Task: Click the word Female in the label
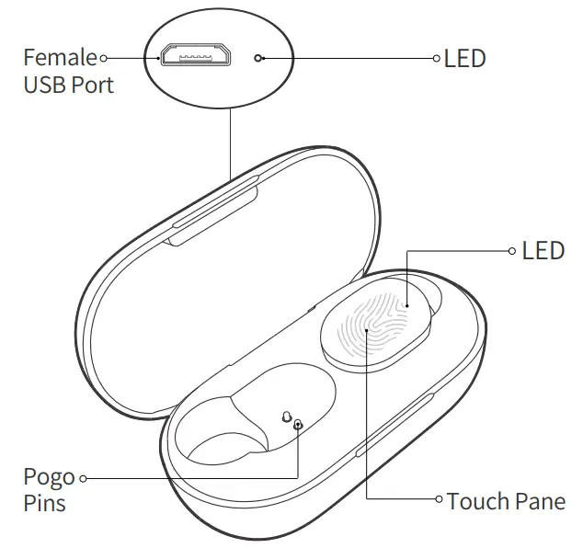point(60,58)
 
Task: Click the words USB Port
point(68,86)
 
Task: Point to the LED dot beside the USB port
point(262,58)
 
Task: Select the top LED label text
point(464,59)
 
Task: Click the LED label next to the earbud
point(543,250)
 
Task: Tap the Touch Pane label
point(505,501)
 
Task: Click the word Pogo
point(49,478)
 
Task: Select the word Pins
point(44,504)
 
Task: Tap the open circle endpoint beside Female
point(104,58)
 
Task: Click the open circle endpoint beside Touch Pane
point(439,500)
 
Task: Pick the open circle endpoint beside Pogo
point(84,478)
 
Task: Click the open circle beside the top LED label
point(437,58)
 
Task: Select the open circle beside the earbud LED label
point(513,250)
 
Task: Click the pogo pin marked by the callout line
point(298,424)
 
